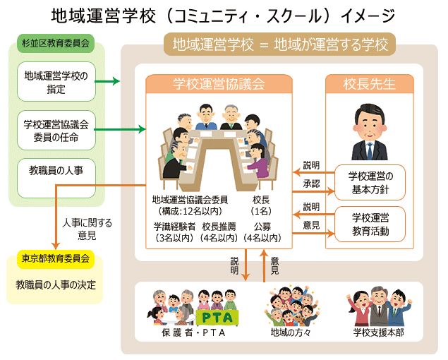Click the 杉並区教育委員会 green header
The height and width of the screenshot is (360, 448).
tap(55, 43)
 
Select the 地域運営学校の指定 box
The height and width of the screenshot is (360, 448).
tap(55, 82)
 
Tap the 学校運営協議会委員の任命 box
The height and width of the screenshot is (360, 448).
tap(55, 131)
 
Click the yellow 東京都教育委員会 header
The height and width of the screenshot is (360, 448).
tap(55, 258)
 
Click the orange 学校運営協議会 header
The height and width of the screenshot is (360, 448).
tap(219, 84)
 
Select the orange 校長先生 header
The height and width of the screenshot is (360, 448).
tap(370, 84)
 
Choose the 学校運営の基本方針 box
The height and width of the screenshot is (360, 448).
tap(370, 181)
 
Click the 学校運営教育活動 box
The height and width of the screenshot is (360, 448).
tap(370, 222)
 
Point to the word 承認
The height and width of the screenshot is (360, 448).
tap(311, 184)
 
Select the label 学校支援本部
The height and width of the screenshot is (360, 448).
tap(378, 332)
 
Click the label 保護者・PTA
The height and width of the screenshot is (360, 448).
tap(192, 332)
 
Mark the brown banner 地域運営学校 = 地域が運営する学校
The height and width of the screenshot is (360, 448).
tap(280, 45)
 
